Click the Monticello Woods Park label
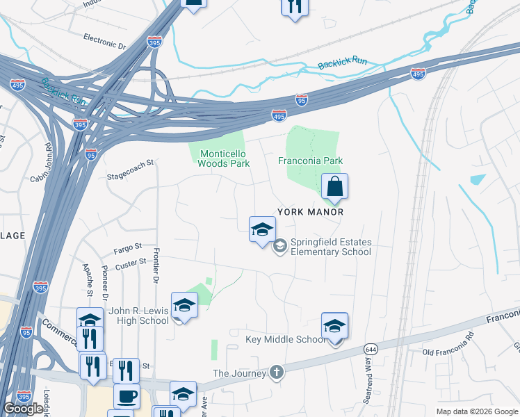click(x=223, y=158)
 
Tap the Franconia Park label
click(x=311, y=161)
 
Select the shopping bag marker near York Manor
click(x=334, y=187)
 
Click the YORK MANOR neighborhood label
click(x=311, y=211)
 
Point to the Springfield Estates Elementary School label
click(x=330, y=247)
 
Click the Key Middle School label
click(x=286, y=339)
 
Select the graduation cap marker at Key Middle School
click(x=334, y=326)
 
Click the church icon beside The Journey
click(x=277, y=373)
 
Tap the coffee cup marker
click(x=127, y=397)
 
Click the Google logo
click(x=23, y=409)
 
